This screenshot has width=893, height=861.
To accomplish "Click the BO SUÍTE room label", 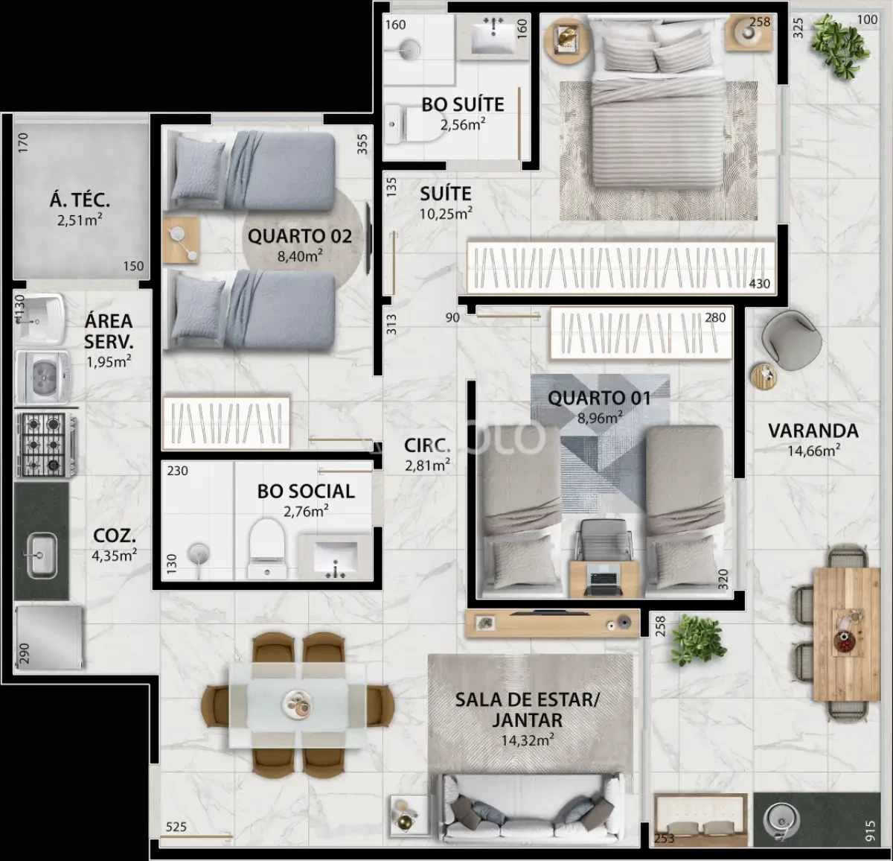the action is tap(463, 105).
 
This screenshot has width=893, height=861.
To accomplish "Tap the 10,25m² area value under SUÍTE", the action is tap(446, 214).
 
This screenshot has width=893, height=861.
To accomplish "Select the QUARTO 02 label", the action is tap(300, 236).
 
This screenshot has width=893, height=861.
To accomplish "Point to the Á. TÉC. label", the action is tap(80, 200).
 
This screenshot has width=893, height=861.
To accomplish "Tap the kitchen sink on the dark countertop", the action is tap(41, 555).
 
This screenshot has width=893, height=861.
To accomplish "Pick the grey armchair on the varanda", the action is tap(790, 340).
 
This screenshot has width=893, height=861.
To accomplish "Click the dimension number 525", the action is tap(176, 827).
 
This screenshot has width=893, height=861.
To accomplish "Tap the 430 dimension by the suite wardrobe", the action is tap(760, 284).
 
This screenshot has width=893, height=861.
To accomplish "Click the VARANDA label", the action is tap(813, 430).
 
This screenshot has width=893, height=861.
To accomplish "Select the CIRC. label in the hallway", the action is tap(427, 445).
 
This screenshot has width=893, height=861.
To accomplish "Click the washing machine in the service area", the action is tap(42, 377).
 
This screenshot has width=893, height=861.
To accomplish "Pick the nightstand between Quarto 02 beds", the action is tap(182, 240).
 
